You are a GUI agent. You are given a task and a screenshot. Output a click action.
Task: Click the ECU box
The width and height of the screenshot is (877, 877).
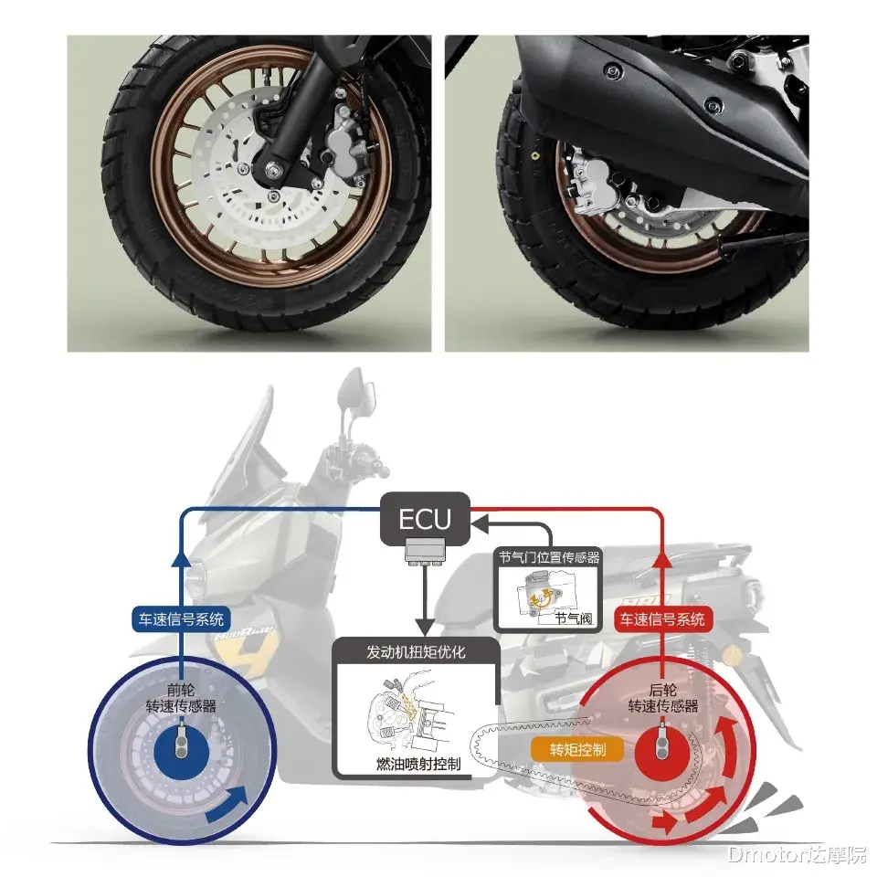click(x=424, y=519)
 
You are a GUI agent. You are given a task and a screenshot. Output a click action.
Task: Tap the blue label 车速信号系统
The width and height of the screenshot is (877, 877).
click(x=184, y=618)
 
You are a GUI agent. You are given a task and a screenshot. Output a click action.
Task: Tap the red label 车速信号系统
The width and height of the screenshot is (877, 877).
click(x=662, y=618)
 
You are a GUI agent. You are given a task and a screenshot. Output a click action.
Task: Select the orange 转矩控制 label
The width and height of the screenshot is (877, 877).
click(x=576, y=749)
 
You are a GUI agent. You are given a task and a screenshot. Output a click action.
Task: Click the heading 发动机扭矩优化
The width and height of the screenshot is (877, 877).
click(x=416, y=652)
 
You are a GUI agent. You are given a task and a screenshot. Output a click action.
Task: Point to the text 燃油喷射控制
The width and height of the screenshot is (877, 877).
click(x=417, y=764)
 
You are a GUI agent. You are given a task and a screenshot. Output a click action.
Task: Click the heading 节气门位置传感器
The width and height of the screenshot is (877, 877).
click(x=549, y=556)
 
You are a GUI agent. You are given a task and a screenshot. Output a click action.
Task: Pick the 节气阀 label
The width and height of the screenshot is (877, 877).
click(x=573, y=618)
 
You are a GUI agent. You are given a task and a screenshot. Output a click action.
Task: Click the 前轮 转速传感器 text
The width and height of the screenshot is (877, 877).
click(x=185, y=699)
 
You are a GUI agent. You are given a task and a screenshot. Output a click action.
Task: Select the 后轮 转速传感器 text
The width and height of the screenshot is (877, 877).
click(x=662, y=699)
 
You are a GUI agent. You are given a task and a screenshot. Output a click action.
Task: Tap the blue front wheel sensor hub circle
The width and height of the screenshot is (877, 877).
click(x=185, y=745)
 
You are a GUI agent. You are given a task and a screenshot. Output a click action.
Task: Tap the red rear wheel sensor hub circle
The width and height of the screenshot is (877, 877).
click(x=662, y=745)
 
